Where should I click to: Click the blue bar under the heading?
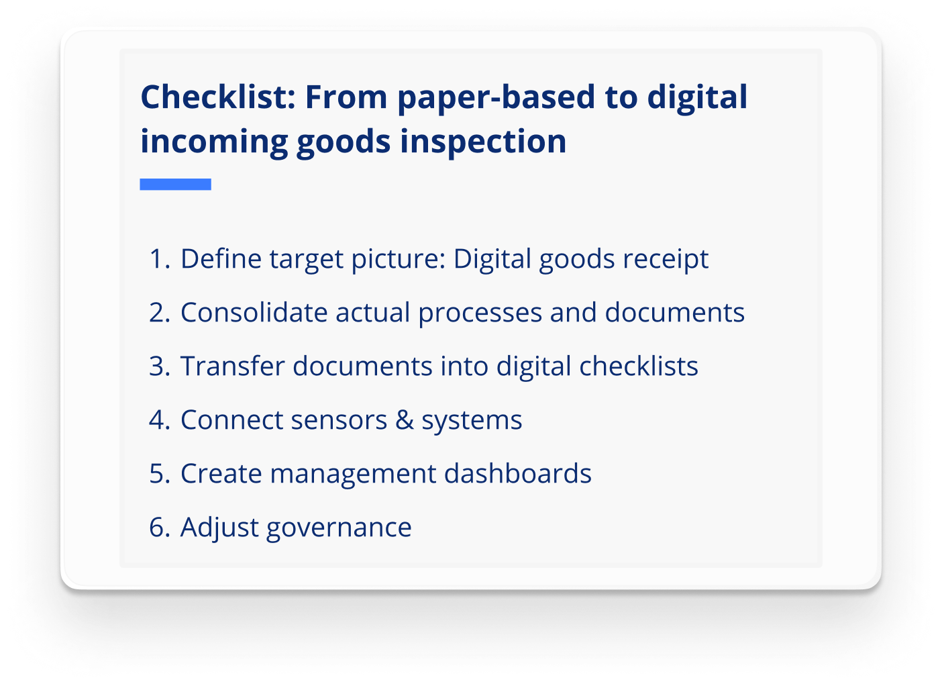click(x=175, y=184)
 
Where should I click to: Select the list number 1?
click(x=158, y=259)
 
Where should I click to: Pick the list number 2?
click(x=159, y=313)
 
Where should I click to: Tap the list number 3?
click(x=159, y=367)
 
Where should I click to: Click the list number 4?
click(x=159, y=420)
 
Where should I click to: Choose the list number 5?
click(x=159, y=474)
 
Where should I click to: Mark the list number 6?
click(x=159, y=528)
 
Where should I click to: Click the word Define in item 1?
click(x=221, y=259)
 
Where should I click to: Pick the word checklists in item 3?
click(x=639, y=367)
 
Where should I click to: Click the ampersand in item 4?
click(x=404, y=420)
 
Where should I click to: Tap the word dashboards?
click(x=517, y=474)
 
